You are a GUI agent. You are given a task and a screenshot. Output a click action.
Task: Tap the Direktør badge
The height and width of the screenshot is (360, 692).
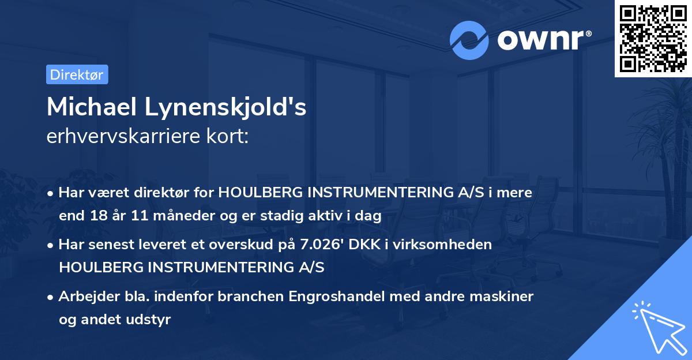click(x=77, y=74)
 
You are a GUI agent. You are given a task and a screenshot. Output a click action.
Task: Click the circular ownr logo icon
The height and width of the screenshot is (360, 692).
click(x=469, y=40)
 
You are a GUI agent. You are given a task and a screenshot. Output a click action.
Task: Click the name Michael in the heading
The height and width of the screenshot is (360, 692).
click(x=92, y=107)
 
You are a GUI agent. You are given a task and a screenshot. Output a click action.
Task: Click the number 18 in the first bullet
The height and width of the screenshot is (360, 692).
click(x=96, y=216)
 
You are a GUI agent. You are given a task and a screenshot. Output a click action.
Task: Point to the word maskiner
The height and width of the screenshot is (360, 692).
click(x=502, y=297)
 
